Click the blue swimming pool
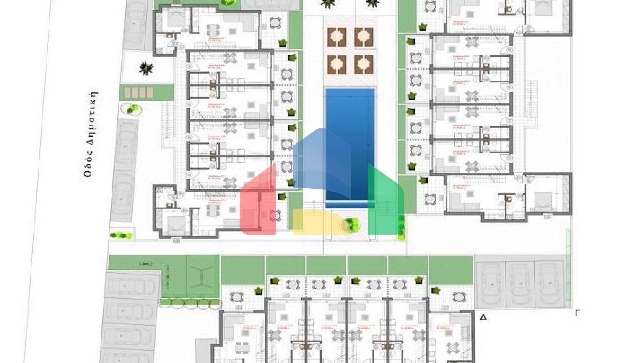350,126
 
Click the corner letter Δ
483,317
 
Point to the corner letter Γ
577,313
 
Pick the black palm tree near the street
145,68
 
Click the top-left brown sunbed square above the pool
337,37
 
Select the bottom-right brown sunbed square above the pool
364,65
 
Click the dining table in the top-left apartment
213,30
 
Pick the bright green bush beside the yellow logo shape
353,225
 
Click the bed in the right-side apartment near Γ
544,200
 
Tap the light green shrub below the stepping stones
132,110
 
